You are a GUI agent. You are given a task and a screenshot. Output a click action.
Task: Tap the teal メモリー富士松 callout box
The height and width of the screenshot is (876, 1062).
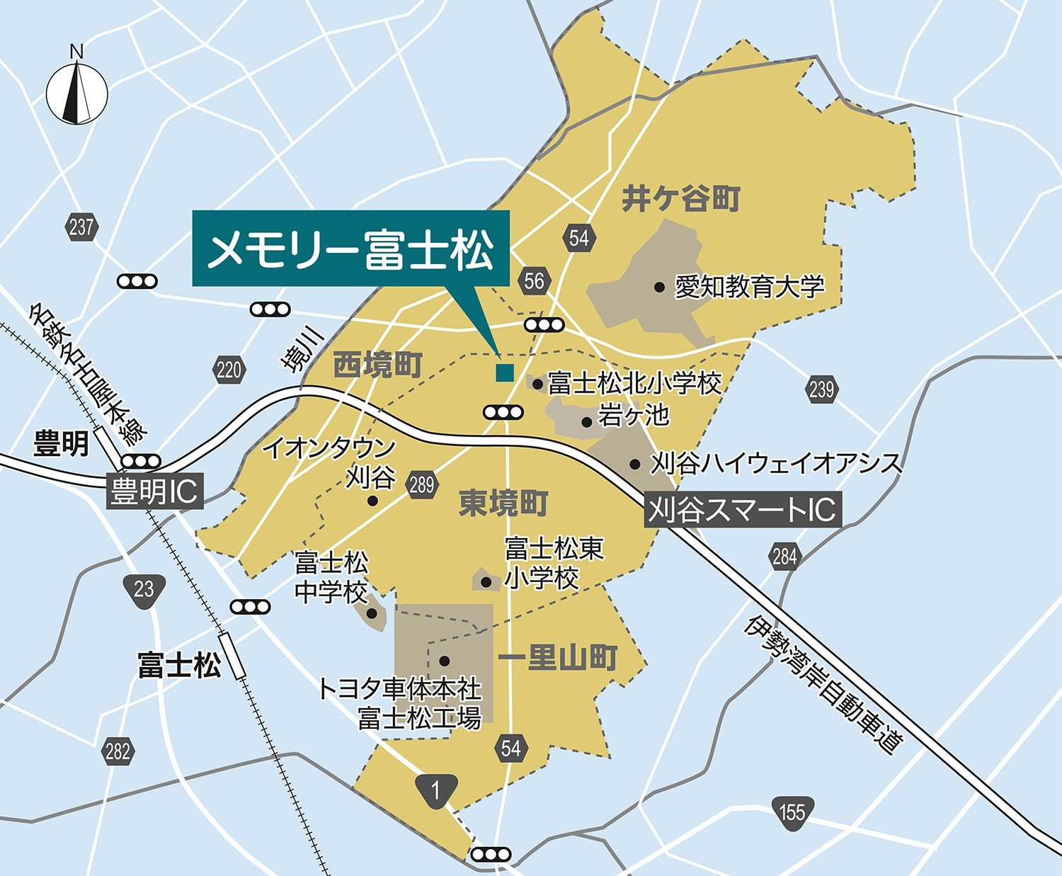pyautogui.click(x=350, y=249)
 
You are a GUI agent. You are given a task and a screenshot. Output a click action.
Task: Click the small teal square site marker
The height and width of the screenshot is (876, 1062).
pyautogui.click(x=504, y=372)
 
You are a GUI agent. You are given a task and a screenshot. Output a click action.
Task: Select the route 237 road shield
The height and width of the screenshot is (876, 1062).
pyautogui.click(x=81, y=227)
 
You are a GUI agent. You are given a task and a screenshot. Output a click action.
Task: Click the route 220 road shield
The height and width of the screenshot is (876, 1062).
pyautogui.click(x=229, y=370)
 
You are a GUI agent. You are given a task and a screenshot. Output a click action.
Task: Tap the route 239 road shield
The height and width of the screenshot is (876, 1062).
pyautogui.click(x=821, y=389)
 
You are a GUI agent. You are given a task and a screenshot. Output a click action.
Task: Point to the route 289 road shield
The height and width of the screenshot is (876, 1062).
pyautogui.click(x=421, y=485)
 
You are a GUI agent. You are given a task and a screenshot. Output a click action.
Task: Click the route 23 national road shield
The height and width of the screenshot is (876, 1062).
pyautogui.click(x=144, y=589)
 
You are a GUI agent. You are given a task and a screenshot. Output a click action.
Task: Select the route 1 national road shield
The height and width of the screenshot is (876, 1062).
pyautogui.click(x=435, y=790)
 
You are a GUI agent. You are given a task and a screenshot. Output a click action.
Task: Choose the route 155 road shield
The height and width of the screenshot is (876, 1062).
pyautogui.click(x=792, y=812)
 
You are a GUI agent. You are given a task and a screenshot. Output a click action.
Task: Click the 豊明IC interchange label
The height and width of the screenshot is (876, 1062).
pyautogui.click(x=154, y=491)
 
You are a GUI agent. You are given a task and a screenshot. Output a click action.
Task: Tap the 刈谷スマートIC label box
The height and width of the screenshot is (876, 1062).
pyautogui.click(x=743, y=508)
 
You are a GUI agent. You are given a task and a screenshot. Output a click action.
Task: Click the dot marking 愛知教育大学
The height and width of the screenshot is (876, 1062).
pyautogui.click(x=660, y=287)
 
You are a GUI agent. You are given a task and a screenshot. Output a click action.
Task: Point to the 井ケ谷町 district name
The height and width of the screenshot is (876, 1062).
pyautogui.click(x=681, y=199)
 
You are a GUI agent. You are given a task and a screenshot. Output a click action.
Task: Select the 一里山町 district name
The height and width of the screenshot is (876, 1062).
pyautogui.click(x=558, y=658)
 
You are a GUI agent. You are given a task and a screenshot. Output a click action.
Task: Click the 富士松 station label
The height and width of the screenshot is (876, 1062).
pyautogui.click(x=179, y=666)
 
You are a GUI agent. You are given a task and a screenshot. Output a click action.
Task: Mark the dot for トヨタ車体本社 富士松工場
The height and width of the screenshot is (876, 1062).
pyautogui.click(x=444, y=661)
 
